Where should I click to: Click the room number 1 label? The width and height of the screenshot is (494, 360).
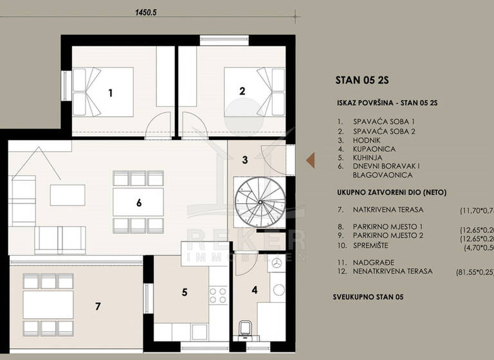110,93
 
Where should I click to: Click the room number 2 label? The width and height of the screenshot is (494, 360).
242,91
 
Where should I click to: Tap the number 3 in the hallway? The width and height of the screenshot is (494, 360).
245,159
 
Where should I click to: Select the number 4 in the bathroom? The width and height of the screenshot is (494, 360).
254,289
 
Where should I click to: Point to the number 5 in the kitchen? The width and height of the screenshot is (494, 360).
184,292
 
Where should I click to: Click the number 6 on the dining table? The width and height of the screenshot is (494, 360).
138,203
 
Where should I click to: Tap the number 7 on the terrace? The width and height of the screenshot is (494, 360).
98,306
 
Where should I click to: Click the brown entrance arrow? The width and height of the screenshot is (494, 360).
310,159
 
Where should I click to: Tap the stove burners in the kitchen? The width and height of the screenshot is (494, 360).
217,295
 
